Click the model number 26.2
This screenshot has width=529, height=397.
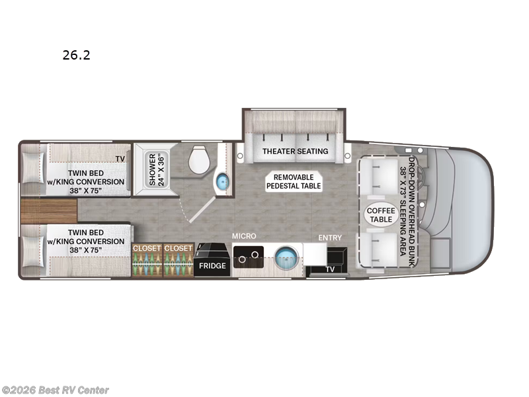point(76,56)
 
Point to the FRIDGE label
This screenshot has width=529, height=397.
point(213,265)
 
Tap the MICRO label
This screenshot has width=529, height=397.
point(243,236)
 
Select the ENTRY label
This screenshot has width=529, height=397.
point(330,237)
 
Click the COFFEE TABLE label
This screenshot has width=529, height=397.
point(380,215)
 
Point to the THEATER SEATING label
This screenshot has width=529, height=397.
point(295,151)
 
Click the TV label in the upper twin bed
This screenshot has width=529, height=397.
point(120,159)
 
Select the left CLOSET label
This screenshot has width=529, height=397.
point(147,248)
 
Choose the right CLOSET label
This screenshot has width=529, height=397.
point(178,248)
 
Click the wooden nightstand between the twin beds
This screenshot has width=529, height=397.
point(48,212)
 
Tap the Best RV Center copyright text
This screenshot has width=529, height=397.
point(56,390)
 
